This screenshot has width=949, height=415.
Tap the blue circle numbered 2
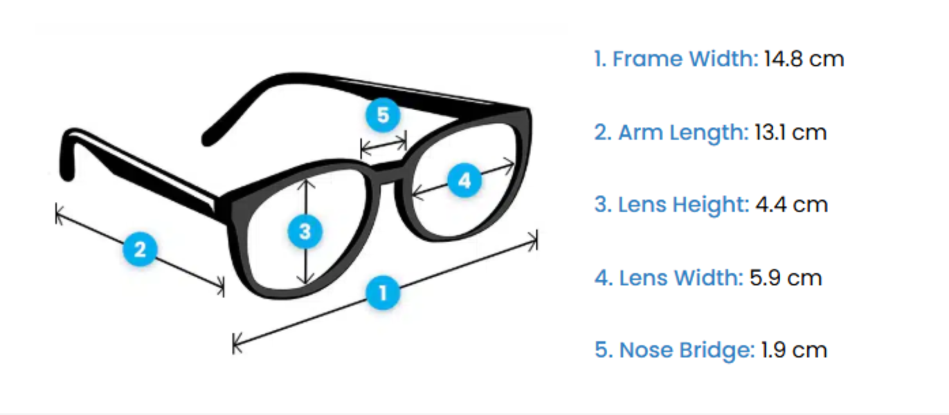[141, 249]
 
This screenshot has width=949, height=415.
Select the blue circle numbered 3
[305, 232]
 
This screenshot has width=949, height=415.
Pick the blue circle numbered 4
[464, 181]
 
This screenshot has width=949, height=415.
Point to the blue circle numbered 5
[383, 115]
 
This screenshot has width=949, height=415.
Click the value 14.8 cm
[804, 59]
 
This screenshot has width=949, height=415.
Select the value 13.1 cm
[790, 132]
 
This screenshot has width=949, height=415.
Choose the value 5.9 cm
[786, 277]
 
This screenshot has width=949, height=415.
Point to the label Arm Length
[671, 132]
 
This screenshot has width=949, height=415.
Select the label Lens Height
[672, 205]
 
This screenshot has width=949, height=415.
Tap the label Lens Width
[669, 277]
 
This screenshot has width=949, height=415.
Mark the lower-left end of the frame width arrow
[235, 342]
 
